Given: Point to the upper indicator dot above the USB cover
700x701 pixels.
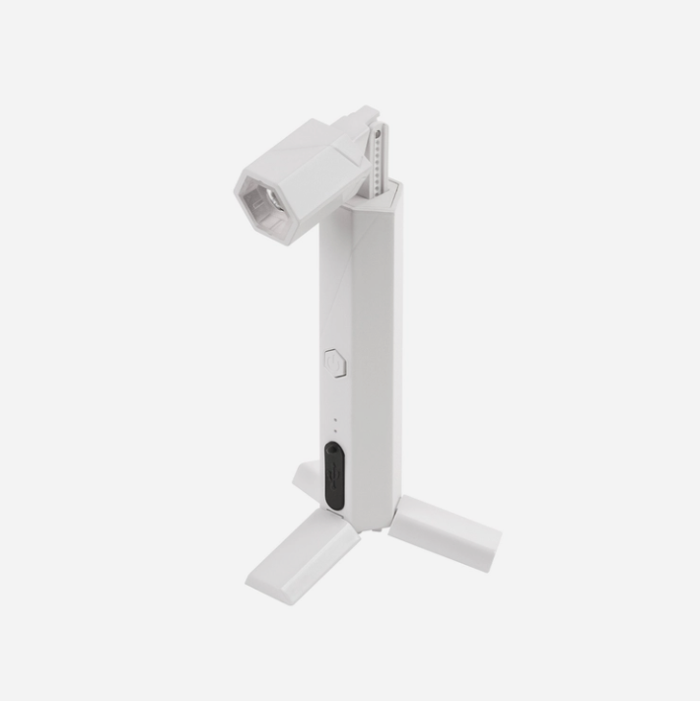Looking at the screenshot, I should pos(335,420).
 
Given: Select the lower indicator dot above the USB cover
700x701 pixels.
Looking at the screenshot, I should pos(335,431).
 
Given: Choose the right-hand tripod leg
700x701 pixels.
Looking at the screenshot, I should pos(445,532).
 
